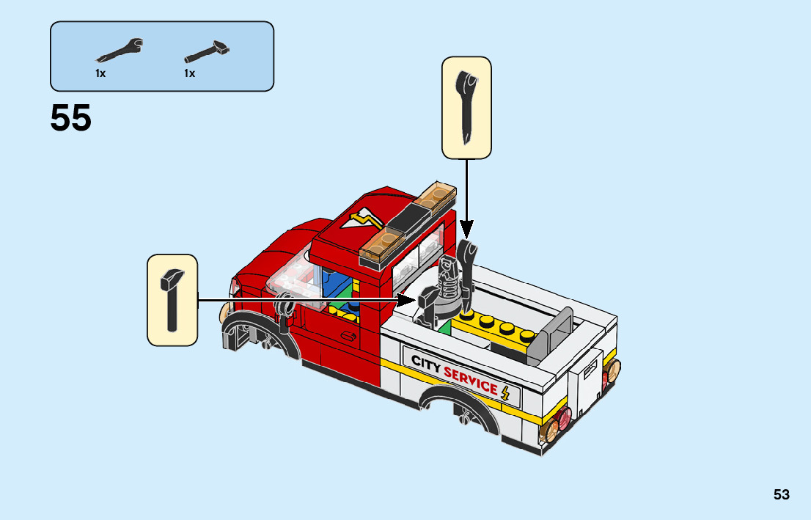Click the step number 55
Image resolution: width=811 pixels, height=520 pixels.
click(x=71, y=118)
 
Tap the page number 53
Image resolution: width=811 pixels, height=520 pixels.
click(x=781, y=494)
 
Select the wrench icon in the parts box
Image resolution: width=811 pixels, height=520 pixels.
click(x=119, y=51)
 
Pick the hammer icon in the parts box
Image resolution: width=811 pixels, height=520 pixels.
click(x=208, y=51)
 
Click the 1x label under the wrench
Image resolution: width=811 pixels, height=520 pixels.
click(x=100, y=73)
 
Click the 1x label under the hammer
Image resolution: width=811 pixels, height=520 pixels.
click(x=190, y=73)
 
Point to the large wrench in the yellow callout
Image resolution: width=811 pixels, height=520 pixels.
click(x=466, y=107)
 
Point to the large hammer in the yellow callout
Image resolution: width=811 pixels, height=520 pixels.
click(x=172, y=299)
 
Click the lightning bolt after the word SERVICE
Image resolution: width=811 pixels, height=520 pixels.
click(x=506, y=392)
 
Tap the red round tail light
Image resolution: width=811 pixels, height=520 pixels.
click(x=562, y=421)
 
